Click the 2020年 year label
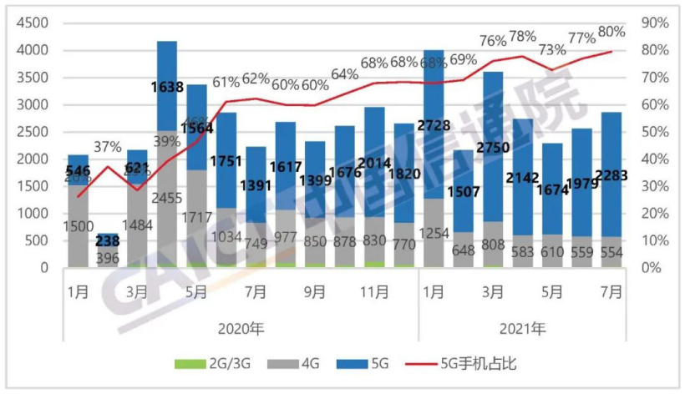(x=241, y=328)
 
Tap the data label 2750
(x=493, y=147)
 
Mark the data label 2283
(x=611, y=174)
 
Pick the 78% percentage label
(x=523, y=36)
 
